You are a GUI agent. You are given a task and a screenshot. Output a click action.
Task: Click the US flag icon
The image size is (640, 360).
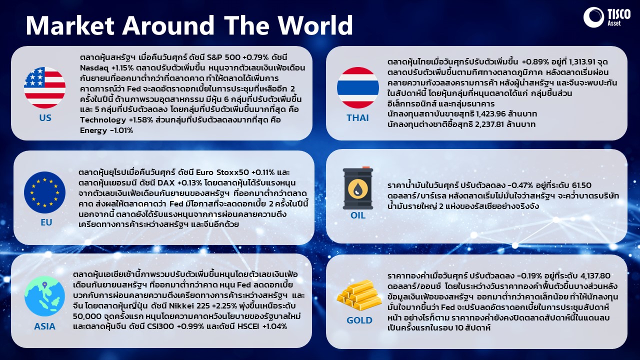coord(44,87)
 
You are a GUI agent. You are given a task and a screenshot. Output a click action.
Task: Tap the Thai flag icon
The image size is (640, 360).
coord(357,87)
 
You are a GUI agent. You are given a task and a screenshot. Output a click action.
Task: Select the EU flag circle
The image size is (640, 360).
coord(45,192)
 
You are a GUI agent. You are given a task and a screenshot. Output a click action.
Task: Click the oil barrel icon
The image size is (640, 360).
coord(357,188)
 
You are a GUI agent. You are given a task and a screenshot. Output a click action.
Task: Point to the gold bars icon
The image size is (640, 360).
coord(359,295)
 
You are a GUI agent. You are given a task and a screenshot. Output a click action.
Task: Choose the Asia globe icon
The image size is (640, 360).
coord(44,296)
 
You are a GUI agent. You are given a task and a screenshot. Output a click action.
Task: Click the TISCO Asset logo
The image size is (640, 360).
coord(606,17)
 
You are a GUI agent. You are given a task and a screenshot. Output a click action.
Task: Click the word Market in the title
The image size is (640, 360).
coord(70,25)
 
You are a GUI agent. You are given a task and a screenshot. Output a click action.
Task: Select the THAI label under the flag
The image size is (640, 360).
coord(357,117)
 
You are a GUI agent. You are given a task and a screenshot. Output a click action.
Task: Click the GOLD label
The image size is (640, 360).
coord(359,320)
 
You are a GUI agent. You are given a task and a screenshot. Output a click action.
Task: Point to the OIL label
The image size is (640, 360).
coord(357,215)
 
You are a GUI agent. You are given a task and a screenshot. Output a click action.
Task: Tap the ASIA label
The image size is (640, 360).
coord(44,326)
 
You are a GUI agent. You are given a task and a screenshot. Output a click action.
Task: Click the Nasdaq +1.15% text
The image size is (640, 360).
coord(107,68)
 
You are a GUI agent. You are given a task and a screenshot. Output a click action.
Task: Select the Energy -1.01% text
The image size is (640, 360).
coord(106,130)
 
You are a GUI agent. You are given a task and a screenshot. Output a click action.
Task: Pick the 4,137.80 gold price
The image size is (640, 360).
coord(595,275)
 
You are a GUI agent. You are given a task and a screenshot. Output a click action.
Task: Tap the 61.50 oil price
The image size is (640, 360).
coord(581,185)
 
